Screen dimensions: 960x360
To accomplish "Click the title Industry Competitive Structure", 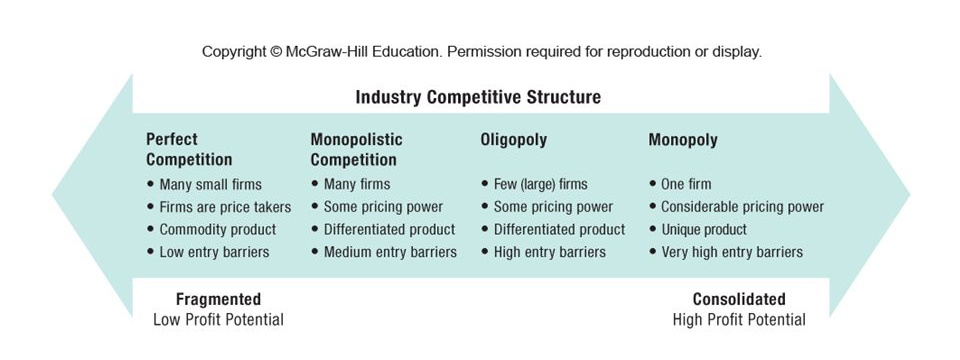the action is pyautogui.click(x=478, y=97).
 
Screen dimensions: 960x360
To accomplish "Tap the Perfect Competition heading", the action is pyautogui.click(x=189, y=149).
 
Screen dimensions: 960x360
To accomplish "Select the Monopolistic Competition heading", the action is pyautogui.click(x=356, y=149).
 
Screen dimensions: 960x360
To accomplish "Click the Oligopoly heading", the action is pyautogui.click(x=514, y=140).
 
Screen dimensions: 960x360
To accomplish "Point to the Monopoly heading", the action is pyautogui.click(x=683, y=140).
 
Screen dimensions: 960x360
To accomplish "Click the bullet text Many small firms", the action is pyautogui.click(x=211, y=184).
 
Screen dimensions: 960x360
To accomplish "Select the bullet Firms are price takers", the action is pyautogui.click(x=225, y=207).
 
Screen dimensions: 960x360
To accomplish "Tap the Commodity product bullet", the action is pyautogui.click(x=218, y=230).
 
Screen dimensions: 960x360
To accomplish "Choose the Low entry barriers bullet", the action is pyautogui.click(x=214, y=252).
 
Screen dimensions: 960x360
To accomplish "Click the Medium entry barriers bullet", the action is pyautogui.click(x=390, y=252).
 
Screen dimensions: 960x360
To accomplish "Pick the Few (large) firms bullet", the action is pyautogui.click(x=541, y=184).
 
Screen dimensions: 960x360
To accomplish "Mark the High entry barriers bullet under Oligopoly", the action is pyautogui.click(x=550, y=252).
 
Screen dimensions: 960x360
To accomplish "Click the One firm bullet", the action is pyautogui.click(x=686, y=184).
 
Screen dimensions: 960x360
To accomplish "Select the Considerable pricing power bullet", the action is pyautogui.click(x=743, y=207).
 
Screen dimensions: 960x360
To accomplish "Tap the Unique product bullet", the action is pyautogui.click(x=704, y=230).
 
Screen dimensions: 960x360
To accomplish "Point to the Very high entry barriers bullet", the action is pyautogui.click(x=732, y=252).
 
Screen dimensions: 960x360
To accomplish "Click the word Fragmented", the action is pyautogui.click(x=219, y=299).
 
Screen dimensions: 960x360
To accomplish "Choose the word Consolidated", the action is pyautogui.click(x=739, y=299).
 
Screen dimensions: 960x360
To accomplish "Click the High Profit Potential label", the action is pyautogui.click(x=739, y=320).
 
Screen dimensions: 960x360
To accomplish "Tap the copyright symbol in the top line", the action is pyautogui.click(x=276, y=52).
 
